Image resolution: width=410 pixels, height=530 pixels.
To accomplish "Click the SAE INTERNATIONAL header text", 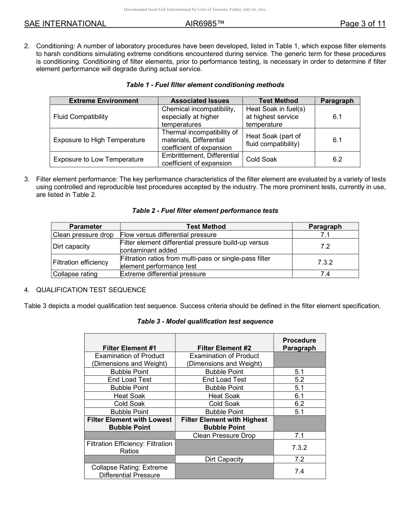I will [x=65, y=24].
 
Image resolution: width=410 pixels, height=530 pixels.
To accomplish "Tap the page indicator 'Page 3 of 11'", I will [x=363, y=24].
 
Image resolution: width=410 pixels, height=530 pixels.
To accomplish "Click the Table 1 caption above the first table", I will [x=205, y=85].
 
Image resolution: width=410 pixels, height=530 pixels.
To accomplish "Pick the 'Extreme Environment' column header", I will [x=104, y=101].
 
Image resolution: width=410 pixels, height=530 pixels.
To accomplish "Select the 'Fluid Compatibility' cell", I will [x=81, y=117].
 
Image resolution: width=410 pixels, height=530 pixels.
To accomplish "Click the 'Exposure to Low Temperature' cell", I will [x=98, y=159].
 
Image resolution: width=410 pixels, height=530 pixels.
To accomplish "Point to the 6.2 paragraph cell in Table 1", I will [x=337, y=159].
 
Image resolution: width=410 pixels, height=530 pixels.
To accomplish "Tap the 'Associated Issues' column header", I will [x=200, y=101].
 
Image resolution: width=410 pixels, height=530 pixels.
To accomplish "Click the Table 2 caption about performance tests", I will [x=205, y=211].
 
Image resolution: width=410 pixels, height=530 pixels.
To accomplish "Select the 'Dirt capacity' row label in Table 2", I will [x=71, y=246].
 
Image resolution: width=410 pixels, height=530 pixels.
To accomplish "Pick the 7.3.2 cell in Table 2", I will [x=325, y=262].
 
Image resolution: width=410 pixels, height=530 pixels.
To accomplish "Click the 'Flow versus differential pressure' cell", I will [x=168, y=235].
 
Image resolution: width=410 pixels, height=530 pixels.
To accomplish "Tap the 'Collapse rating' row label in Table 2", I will [x=75, y=274].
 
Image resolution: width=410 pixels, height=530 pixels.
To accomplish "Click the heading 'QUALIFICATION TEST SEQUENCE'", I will [x=91, y=290].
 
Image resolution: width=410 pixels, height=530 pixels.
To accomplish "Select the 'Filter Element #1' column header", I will [x=129, y=348].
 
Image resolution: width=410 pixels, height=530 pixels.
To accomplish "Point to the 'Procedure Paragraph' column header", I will [x=299, y=344].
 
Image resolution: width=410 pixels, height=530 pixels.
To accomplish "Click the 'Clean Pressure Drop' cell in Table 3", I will [x=224, y=436].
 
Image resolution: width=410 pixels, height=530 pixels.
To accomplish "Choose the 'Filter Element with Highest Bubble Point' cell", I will [x=224, y=424].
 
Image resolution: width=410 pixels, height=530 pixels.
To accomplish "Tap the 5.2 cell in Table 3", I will [x=299, y=380].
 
